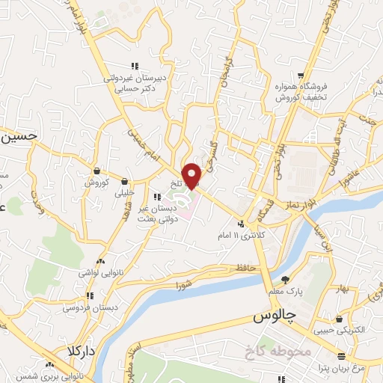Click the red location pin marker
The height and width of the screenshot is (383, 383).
pyautogui.click(x=193, y=175)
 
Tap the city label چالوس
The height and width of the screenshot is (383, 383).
pyautogui.click(x=270, y=318)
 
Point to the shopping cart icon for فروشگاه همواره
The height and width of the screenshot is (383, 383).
pyautogui.click(x=300, y=76)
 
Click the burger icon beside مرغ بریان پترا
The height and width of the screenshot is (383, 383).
pyautogui.click(x=341, y=355)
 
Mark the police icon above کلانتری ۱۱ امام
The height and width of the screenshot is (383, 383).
pyautogui.click(x=241, y=223)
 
